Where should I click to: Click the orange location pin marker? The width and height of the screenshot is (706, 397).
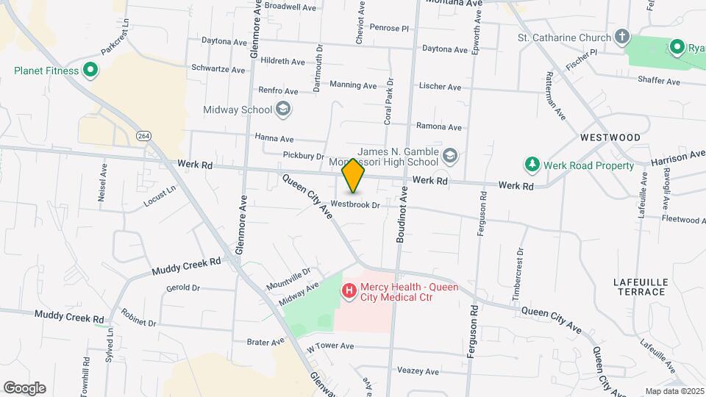coord(353,176)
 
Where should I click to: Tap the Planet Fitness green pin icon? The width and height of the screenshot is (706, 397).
coord(90,71)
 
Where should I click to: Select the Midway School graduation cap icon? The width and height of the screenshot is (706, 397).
coord(283,110)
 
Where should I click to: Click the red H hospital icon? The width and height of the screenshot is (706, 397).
coord(349,292)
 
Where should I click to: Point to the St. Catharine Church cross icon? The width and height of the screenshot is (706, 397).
coord(622,37)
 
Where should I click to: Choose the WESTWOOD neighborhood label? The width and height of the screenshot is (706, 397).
coord(610,137)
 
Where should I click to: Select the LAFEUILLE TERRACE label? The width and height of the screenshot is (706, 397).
coord(639,287)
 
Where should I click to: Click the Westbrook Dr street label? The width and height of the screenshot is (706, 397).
coord(354,204)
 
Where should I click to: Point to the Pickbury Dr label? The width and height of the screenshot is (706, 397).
coord(304,156)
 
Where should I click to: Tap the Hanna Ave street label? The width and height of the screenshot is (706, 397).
coord(274,138)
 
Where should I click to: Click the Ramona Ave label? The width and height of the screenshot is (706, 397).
coord(439,126)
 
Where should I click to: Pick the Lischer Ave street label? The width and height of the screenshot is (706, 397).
coord(440,87)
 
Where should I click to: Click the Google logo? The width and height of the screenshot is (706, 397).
coord(24,387)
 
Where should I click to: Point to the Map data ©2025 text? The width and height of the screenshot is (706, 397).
coord(674,391)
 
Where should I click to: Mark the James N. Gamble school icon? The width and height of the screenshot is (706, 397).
coord(449,156)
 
